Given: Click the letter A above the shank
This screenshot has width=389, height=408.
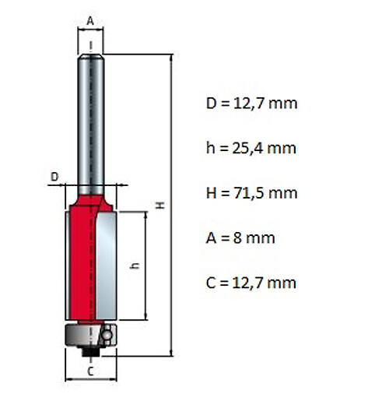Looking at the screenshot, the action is pos(90,21).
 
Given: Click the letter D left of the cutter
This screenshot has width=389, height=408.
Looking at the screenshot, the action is pos(54,177).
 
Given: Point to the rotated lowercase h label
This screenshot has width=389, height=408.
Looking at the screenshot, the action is pos(135,266).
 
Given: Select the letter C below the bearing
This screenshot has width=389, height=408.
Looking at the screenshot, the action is pos(90,371).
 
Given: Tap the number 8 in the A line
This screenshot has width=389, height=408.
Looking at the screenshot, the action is pos(237,238).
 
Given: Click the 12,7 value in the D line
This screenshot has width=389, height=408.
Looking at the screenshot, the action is pos(249,104).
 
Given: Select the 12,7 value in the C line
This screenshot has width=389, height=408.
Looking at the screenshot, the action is pos(247,283).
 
